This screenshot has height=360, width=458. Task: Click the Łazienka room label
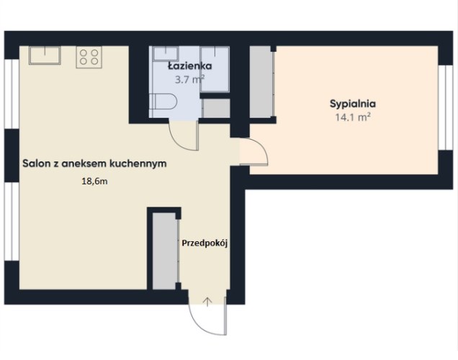click(x=190, y=66)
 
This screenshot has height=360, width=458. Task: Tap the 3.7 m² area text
click(x=189, y=79)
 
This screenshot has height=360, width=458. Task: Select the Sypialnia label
click(x=353, y=104)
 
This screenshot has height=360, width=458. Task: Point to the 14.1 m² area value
click(x=353, y=117)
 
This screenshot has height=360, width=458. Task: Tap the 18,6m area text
click(x=94, y=181)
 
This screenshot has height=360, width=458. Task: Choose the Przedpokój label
click(x=205, y=243)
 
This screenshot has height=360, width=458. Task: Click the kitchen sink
click(x=45, y=55)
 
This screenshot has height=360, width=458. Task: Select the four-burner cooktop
click(x=89, y=57)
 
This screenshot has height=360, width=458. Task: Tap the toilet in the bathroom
click(x=163, y=102)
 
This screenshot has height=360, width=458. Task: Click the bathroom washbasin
click(x=166, y=53)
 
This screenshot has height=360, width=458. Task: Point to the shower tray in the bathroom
click(x=215, y=69)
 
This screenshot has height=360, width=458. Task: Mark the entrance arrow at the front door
click(x=207, y=302)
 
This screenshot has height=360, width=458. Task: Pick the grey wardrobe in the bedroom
click(x=261, y=81)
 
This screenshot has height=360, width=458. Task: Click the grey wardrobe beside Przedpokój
click(x=165, y=251)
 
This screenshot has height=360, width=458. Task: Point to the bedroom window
click(x=446, y=107)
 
